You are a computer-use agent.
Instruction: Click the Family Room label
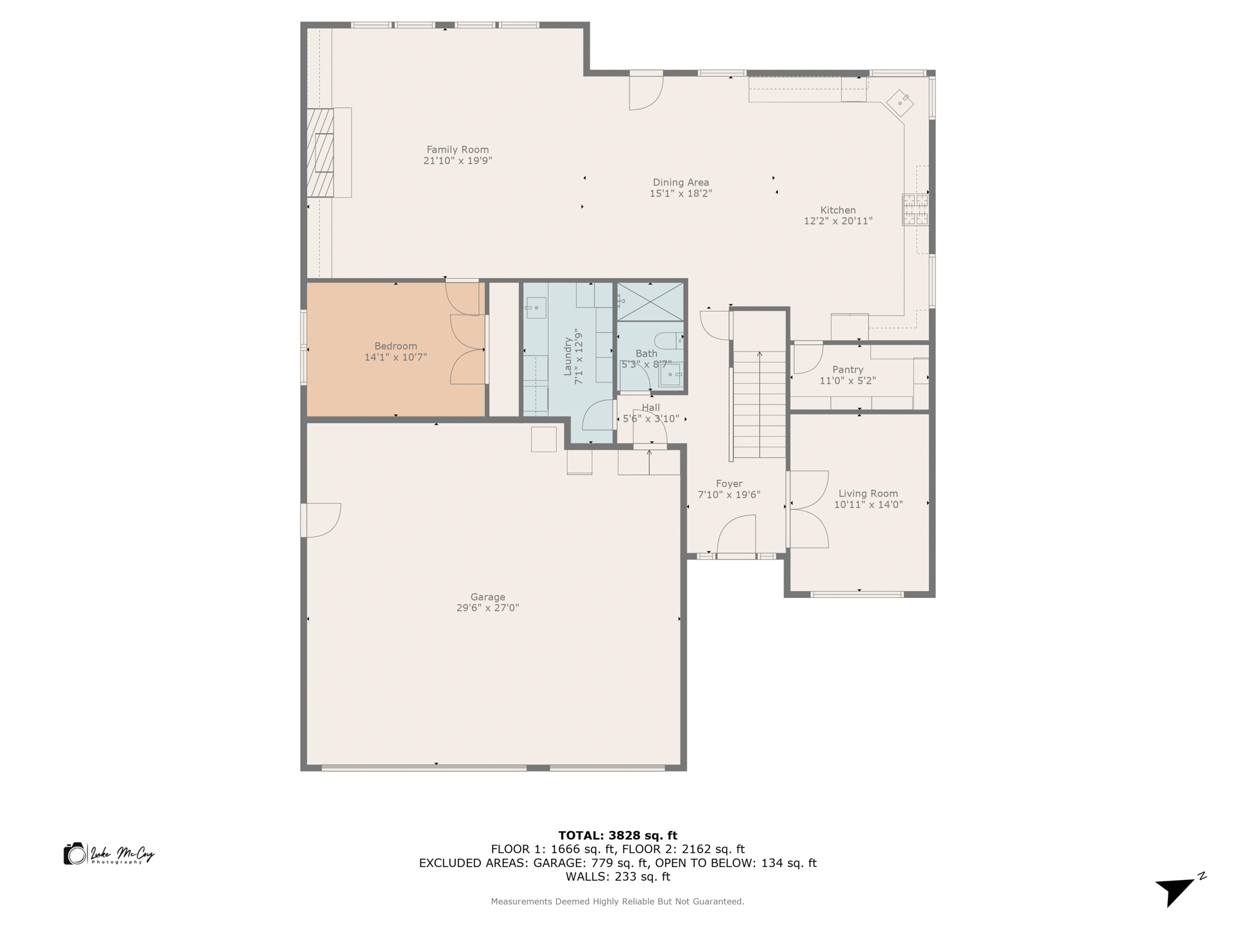457,149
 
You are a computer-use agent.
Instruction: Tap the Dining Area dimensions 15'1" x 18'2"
680,193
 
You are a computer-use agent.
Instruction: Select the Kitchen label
838,210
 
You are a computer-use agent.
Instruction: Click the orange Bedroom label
395,346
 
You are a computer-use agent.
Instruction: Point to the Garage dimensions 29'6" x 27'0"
487,608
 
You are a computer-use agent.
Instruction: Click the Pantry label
847,370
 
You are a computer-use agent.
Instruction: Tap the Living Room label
868,494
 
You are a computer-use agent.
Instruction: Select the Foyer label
729,483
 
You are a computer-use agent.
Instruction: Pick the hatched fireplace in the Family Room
320,153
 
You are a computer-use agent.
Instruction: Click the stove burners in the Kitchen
915,210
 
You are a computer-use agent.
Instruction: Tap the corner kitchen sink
900,102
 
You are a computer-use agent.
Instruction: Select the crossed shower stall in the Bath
650,302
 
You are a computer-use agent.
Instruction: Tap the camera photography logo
75,854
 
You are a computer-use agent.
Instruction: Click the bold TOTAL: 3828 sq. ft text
617,836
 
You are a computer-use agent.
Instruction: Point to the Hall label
650,407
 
